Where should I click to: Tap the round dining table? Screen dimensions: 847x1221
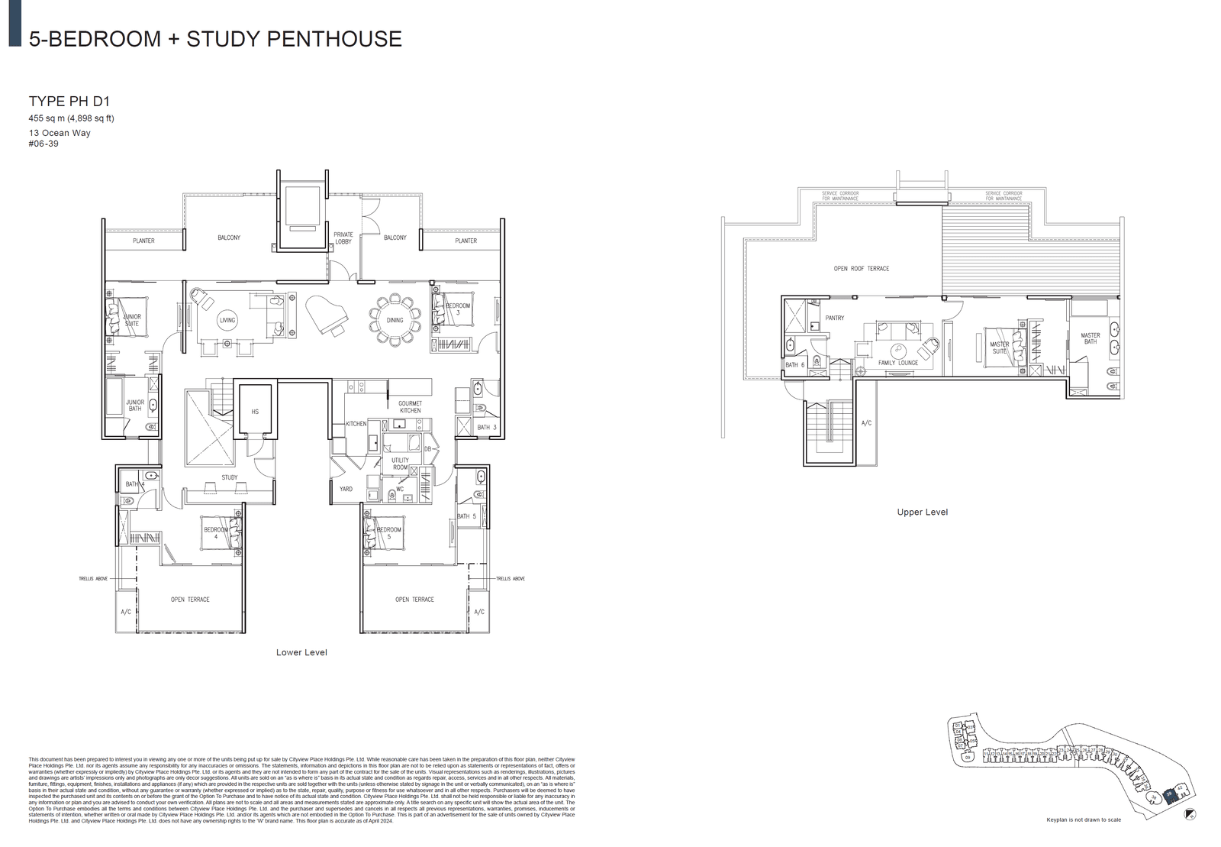click(x=395, y=319)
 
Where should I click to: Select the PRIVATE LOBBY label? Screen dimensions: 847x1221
click(x=343, y=238)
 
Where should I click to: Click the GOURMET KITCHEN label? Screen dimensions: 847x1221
click(x=410, y=407)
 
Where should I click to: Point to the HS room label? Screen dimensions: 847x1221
click(x=255, y=412)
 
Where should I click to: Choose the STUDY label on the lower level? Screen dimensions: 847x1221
click(x=230, y=478)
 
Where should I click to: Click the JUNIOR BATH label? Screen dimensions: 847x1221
click(x=135, y=406)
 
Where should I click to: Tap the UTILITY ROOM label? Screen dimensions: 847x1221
click(x=400, y=464)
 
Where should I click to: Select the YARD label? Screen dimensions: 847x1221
click(x=346, y=489)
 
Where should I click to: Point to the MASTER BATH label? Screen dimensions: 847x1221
click(x=1091, y=338)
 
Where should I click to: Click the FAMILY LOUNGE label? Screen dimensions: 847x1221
click(x=898, y=363)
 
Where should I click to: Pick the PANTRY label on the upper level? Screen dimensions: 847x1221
click(x=835, y=318)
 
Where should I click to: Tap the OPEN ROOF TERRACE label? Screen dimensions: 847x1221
click(x=862, y=269)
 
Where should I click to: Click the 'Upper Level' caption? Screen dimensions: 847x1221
click(x=922, y=512)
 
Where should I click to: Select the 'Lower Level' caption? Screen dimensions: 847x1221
click(x=301, y=652)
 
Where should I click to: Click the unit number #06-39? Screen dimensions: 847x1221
click(x=43, y=144)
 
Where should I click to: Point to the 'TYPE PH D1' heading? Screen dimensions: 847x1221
click(x=69, y=101)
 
